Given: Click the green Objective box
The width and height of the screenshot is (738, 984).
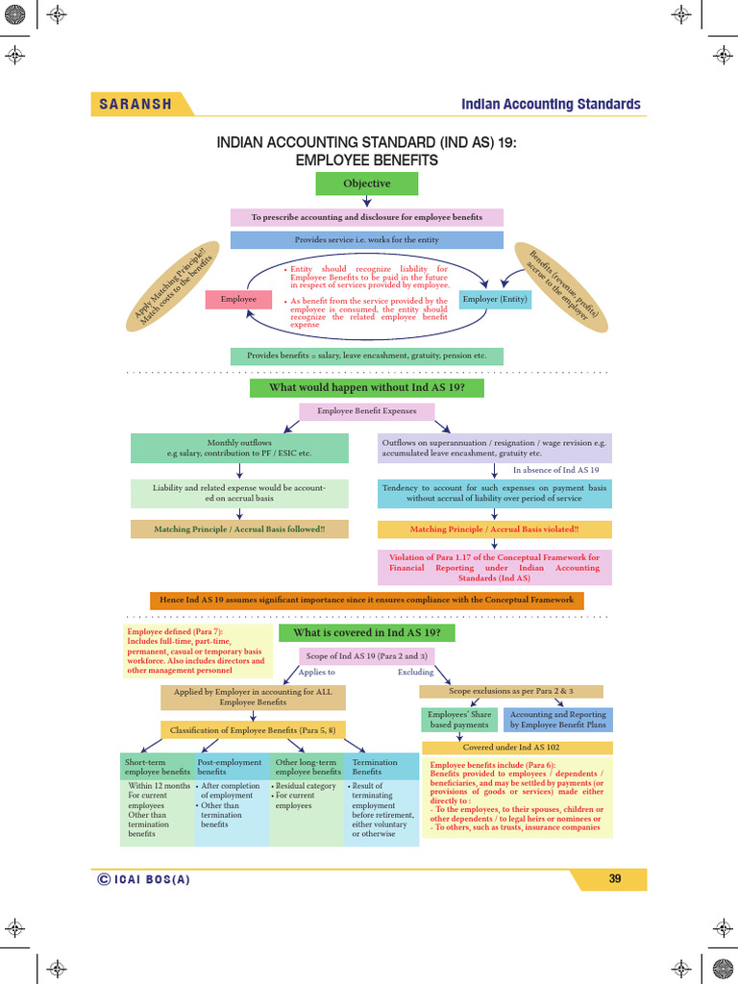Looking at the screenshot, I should click(x=366, y=184).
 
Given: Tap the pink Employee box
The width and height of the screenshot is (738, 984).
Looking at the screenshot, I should click(x=239, y=299).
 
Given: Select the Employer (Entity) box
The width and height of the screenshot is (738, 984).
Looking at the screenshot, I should click(x=495, y=299).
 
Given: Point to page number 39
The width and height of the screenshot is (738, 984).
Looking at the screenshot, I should click(x=615, y=879).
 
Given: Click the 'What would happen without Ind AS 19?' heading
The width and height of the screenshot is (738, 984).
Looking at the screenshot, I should click(x=366, y=387).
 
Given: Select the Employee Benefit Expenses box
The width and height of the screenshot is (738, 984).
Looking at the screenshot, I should click(x=366, y=411).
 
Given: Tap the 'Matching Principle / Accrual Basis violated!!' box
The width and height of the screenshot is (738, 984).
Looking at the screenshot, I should click(x=494, y=529).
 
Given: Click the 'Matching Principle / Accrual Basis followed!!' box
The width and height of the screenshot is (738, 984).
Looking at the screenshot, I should click(x=239, y=529).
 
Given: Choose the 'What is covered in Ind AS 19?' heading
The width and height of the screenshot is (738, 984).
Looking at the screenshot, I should click(x=366, y=632).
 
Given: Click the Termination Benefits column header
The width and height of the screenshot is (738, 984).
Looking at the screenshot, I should click(x=381, y=767).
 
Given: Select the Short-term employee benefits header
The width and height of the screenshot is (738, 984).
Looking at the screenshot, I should click(x=158, y=767).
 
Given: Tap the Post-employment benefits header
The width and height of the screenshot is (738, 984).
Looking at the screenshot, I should click(x=231, y=767).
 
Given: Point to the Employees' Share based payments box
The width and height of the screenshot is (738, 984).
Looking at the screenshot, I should click(x=459, y=720).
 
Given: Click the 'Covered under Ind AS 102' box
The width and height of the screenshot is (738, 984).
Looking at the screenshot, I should click(x=517, y=747).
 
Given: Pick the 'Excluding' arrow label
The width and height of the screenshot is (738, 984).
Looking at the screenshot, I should click(x=415, y=673).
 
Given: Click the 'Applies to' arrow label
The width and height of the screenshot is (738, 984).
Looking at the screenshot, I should click(x=317, y=673).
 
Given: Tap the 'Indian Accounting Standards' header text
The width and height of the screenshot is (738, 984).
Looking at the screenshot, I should click(x=551, y=104).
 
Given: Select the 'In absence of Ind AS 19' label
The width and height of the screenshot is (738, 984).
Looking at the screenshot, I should click(x=555, y=470).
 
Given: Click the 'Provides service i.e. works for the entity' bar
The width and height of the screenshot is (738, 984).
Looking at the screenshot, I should click(x=366, y=239).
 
